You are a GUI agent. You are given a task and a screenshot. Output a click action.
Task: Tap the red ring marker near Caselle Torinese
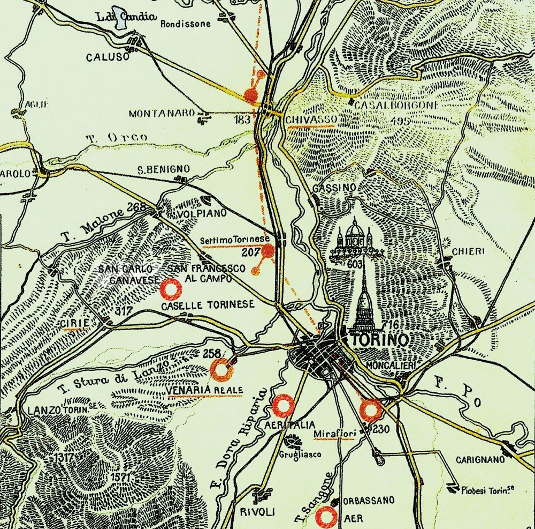coord(172,289)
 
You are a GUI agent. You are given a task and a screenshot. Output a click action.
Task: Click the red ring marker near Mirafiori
coord(370,410)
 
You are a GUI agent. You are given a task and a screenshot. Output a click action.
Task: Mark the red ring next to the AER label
coord(325,518)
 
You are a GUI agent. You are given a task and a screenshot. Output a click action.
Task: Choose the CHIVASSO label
coord(311,119)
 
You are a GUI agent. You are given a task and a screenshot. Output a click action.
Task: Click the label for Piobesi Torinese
coord(484,489)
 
